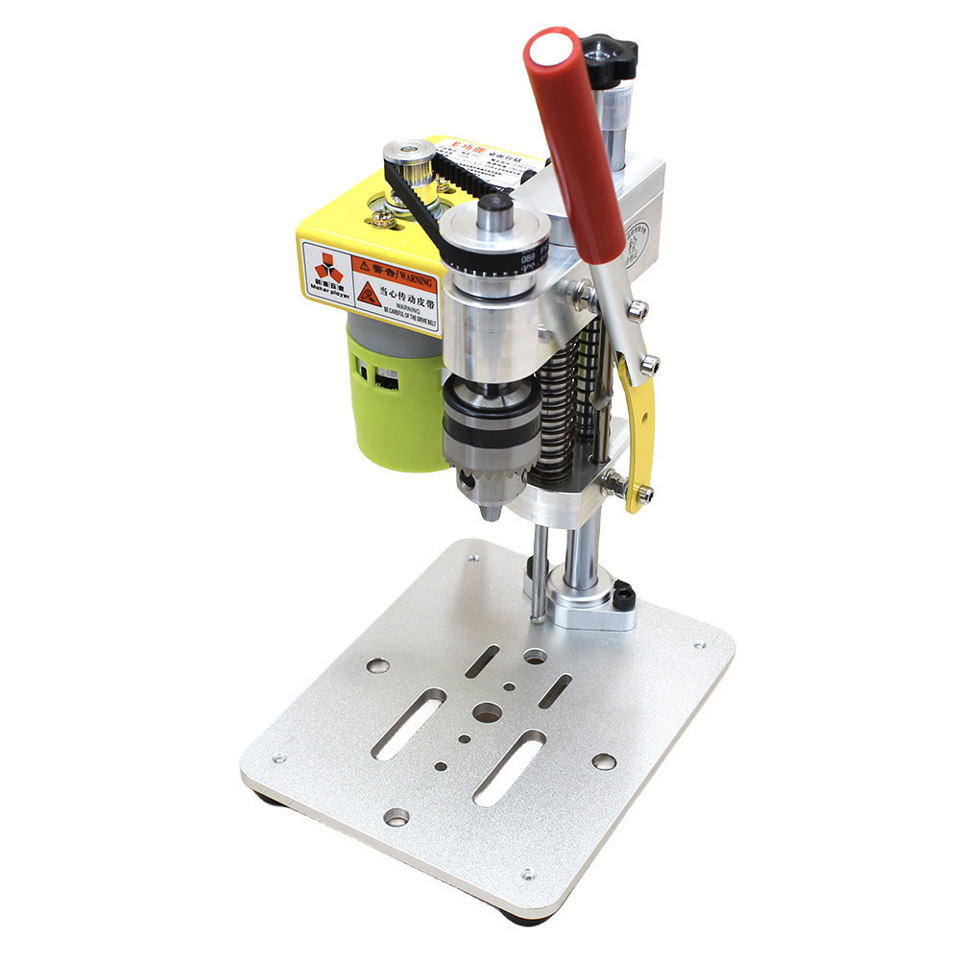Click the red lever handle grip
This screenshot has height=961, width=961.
(x=574, y=144)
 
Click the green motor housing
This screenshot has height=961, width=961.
(x=388, y=403)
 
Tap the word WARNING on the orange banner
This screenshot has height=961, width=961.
(x=410, y=273)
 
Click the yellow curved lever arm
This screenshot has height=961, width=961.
(x=637, y=432)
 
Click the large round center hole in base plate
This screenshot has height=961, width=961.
(x=488, y=713)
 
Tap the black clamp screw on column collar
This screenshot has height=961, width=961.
(x=624, y=596)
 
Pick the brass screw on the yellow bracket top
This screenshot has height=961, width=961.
(x=382, y=219)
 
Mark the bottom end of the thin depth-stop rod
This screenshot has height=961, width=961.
(x=540, y=619)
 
